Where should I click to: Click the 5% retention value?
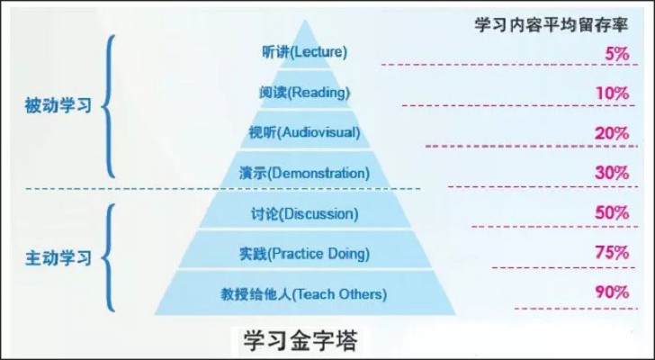(616, 54)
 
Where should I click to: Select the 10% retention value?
(612, 93)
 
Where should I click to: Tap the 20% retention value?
(611, 133)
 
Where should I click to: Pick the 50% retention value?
(611, 213)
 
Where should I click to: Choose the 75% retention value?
(611, 253)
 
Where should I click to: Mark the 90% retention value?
(611, 292)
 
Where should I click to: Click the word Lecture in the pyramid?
(314, 52)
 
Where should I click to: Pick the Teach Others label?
(340, 293)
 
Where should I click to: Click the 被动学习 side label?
(58, 106)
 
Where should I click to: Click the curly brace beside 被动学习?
(110, 106)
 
